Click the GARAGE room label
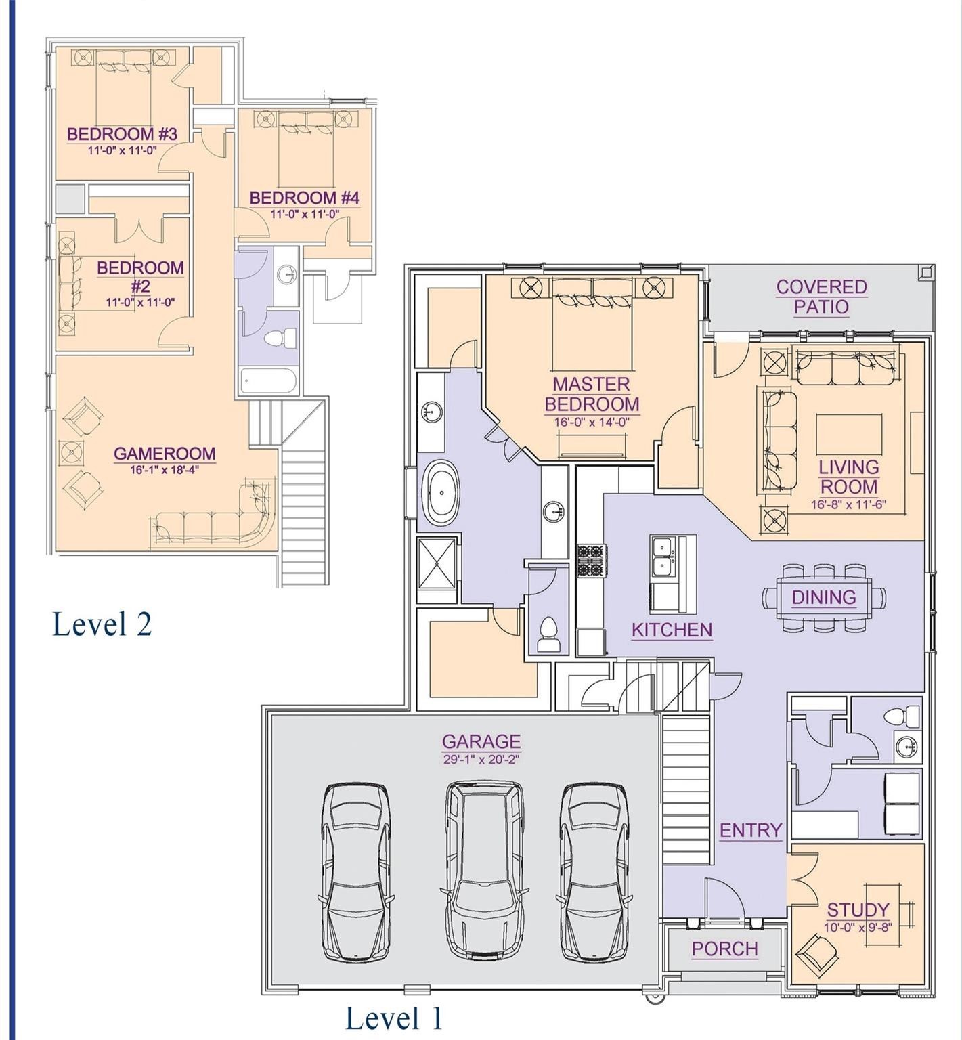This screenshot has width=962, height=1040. [x=481, y=741]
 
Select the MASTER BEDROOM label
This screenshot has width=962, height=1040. [x=592, y=394]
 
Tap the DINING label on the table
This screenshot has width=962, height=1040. [x=824, y=597]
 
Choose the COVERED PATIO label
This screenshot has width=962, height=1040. [x=821, y=297]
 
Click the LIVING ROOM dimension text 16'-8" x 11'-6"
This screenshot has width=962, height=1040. [x=849, y=504]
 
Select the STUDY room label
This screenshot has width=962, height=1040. [x=858, y=909]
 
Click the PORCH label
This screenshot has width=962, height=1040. [x=724, y=949]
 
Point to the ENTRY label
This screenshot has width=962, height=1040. [x=751, y=830]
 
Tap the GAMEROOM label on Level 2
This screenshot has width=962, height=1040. [x=165, y=454]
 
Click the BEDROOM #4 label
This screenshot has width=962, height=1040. [x=305, y=198]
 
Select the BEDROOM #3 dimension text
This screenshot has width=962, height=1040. [x=122, y=150]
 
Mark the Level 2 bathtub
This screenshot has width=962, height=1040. [x=269, y=381]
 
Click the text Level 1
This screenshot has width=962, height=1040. [x=395, y=1018]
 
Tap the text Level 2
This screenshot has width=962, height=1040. [x=102, y=624]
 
